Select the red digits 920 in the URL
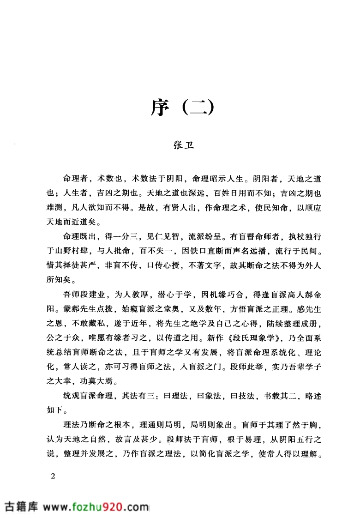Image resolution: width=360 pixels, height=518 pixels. tap(112, 506)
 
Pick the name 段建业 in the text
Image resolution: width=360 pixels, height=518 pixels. tap(92, 295)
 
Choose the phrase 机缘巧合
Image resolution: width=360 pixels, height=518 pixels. tap(230, 295)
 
